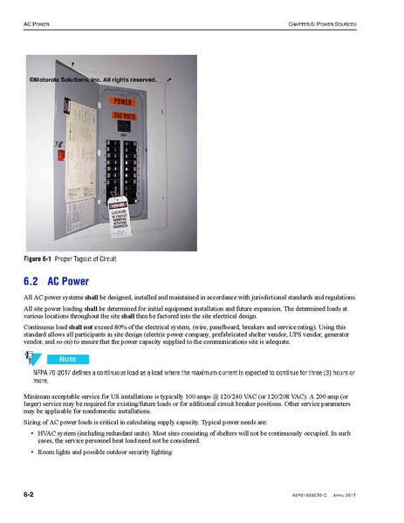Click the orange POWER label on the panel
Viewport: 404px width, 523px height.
[x=129, y=102]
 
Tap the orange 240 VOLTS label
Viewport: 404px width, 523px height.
[x=129, y=115]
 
